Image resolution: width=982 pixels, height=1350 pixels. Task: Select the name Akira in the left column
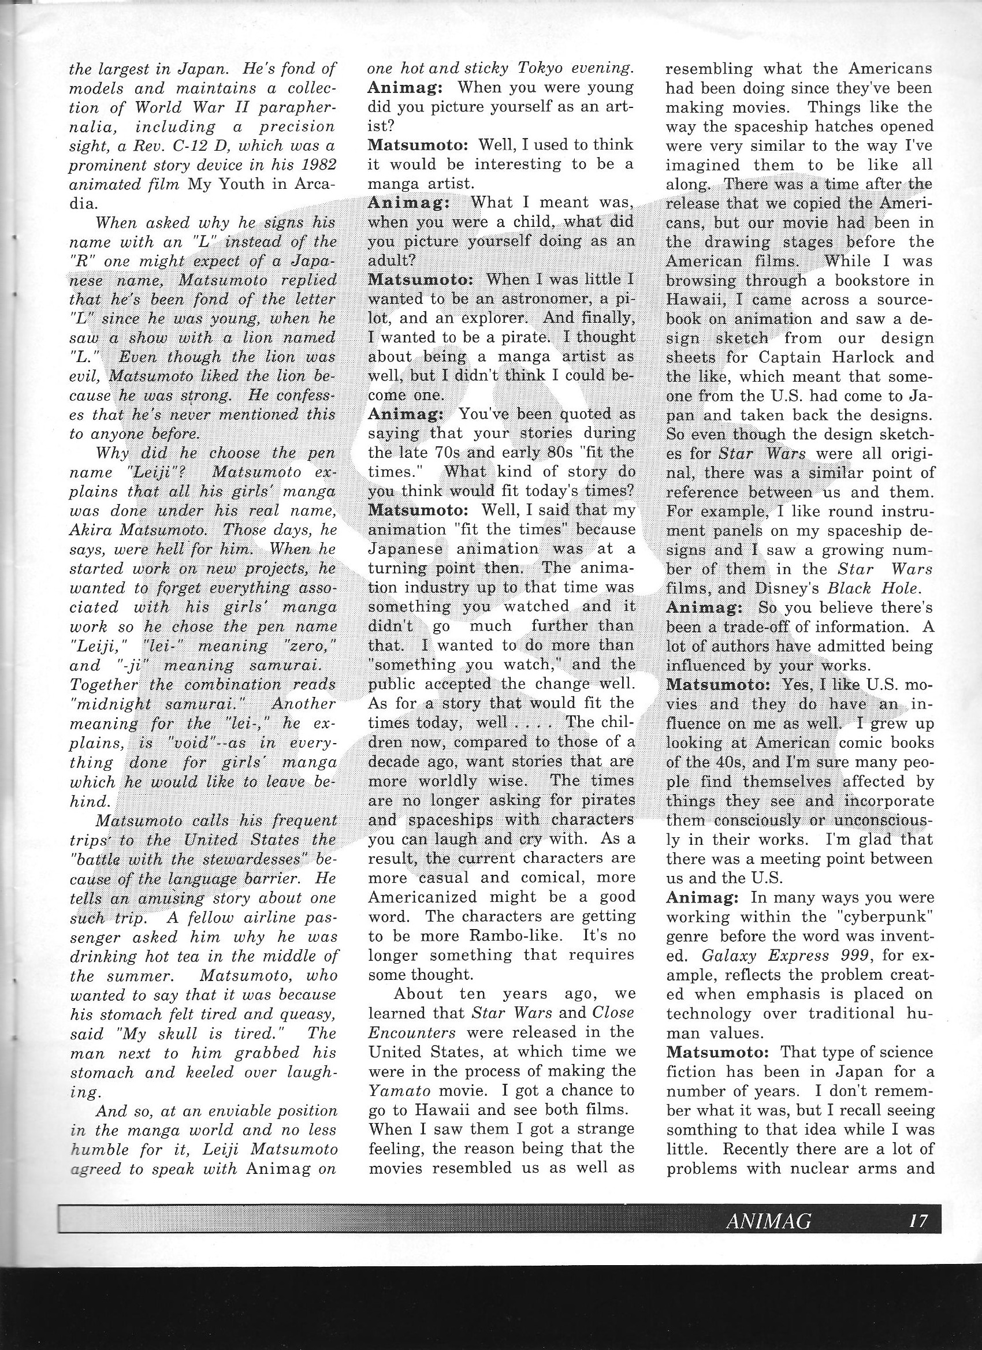click(x=90, y=529)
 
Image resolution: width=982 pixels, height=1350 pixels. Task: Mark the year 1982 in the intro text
click(x=321, y=165)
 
